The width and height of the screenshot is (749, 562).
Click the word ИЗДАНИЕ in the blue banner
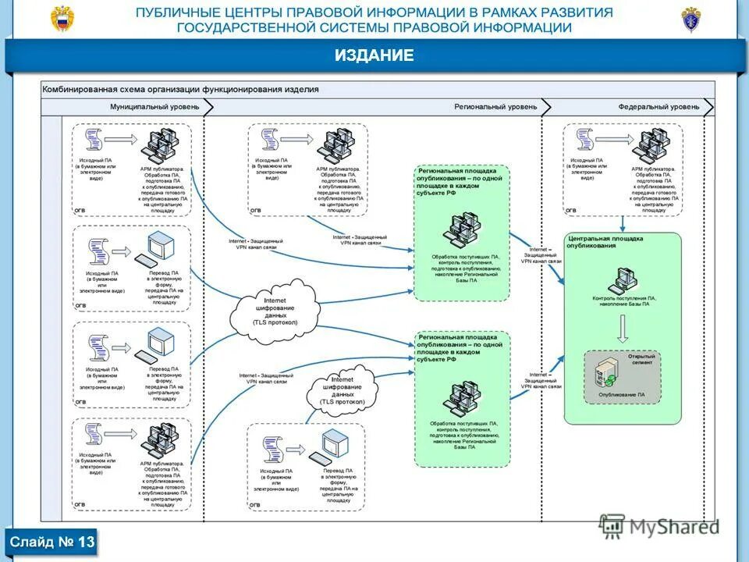click(x=374, y=55)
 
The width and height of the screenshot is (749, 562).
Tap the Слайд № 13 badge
click(x=52, y=542)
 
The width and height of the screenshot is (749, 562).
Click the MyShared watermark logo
click(x=660, y=527)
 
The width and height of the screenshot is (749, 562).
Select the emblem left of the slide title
click(x=62, y=19)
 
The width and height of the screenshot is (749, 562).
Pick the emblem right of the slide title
click(x=691, y=19)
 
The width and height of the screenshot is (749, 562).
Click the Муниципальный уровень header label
click(x=154, y=107)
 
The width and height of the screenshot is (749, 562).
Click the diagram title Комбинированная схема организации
click(x=180, y=90)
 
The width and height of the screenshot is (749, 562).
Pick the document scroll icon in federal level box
click(x=585, y=140)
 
